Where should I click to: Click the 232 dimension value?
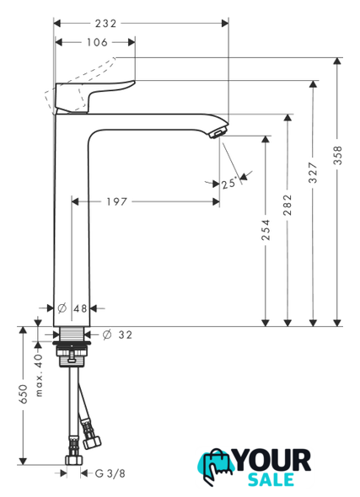(105, 24)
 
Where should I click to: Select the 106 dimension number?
(97, 42)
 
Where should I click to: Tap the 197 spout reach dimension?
(116, 201)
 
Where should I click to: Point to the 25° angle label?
(229, 183)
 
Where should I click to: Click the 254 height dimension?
(266, 229)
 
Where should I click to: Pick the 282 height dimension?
(287, 205)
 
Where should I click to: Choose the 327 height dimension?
(313, 173)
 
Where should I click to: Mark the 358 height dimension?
(338, 155)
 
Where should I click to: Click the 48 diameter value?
(80, 308)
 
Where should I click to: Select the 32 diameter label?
(125, 334)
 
